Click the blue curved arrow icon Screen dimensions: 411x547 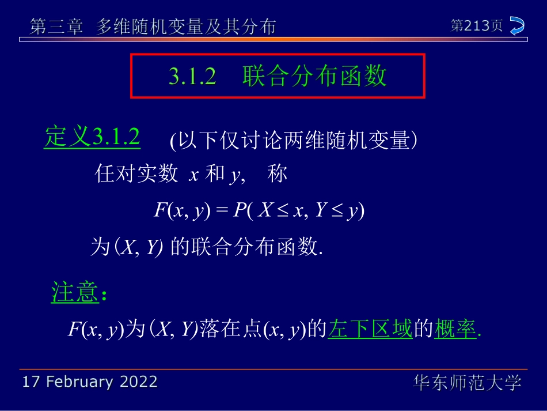coord(517,26)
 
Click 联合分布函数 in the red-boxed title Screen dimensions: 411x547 coord(314,76)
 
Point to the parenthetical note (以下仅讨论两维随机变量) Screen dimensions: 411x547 coord(294,141)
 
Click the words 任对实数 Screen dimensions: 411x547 coord(136,174)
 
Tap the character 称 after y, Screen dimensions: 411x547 coord(278,174)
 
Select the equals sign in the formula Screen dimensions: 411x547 coord(222,211)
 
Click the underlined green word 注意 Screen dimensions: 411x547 coord(74,293)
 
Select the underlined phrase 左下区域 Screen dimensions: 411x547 coord(370,329)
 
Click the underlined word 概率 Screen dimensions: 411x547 coord(455,329)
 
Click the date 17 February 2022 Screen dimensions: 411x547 coord(89,382)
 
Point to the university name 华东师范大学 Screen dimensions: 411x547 coord(467,382)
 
